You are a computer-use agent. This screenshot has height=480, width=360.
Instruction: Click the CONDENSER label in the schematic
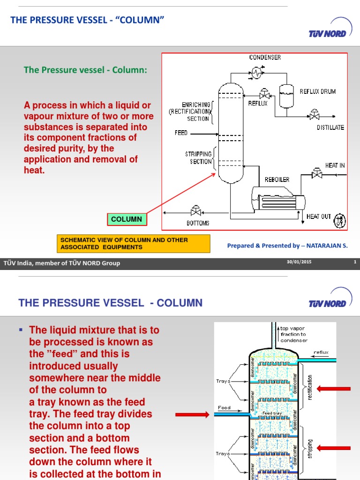[x=265, y=58]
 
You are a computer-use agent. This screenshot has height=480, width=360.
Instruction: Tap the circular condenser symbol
[x=256, y=72]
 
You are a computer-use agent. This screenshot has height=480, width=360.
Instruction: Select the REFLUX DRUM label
[x=318, y=91]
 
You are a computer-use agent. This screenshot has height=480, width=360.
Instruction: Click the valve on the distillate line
[x=313, y=114]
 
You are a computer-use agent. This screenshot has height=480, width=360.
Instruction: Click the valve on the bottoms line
[x=195, y=211]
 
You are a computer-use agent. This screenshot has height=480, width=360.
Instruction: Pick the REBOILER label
[x=277, y=180]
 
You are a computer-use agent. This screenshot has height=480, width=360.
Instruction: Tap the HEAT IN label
[x=335, y=166]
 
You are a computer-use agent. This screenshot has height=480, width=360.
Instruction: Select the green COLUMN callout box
[x=127, y=219]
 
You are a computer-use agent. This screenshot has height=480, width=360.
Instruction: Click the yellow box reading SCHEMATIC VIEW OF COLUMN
[x=133, y=243]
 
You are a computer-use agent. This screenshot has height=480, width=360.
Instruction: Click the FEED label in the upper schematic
[x=181, y=133]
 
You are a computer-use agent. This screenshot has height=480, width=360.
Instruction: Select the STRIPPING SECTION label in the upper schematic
[x=201, y=157]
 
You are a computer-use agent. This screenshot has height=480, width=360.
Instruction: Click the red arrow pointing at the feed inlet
[x=192, y=414]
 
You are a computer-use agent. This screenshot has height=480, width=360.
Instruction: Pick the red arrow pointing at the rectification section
[x=334, y=388]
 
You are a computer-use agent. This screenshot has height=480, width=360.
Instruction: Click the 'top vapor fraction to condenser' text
[x=293, y=334]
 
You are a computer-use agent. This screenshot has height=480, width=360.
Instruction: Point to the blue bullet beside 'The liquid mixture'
[x=21, y=330]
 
